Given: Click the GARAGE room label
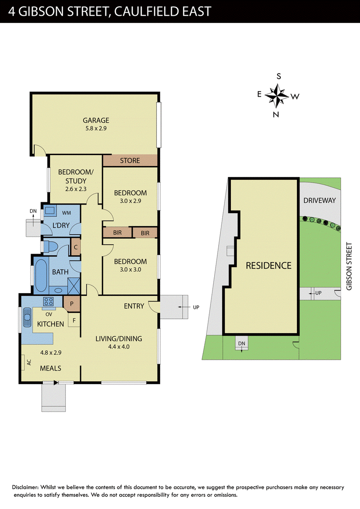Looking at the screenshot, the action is pos(96,120).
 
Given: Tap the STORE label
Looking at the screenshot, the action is pos(130,161).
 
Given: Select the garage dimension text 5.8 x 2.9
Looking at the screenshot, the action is pos(96,128).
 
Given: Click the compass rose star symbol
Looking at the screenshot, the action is pos(277,96).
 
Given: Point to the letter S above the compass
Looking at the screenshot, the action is pos(279,76).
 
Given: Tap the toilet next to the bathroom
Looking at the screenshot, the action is pos(50,246).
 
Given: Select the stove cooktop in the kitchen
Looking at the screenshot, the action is pos(49,302).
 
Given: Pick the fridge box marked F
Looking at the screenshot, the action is pos(74,321).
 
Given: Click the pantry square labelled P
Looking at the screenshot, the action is pos(72,304).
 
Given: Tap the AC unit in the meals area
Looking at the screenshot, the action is pos(23,362).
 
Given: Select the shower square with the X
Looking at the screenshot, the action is pos(74,286).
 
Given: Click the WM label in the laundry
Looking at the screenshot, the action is pos(66,213).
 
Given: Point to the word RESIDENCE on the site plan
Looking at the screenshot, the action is pos(268,266).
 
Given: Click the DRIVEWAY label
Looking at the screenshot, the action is pos(319,201).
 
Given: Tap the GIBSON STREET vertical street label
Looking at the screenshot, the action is pos(349,266).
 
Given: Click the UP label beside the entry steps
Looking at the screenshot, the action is pos(196,307).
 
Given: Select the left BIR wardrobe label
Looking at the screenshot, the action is pos(117,233).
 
